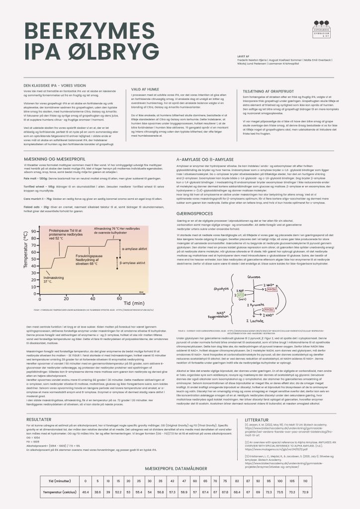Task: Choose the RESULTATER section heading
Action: (38, 419)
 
